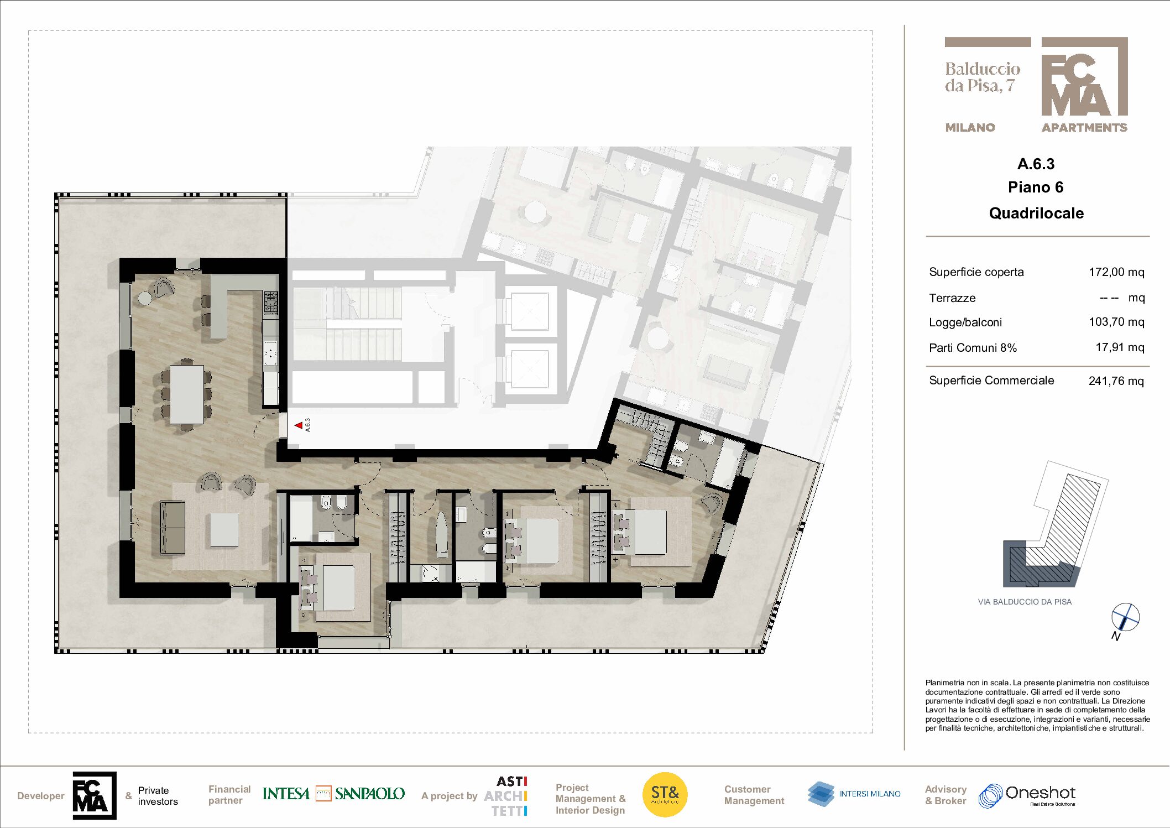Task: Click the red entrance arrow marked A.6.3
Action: [x=299, y=425]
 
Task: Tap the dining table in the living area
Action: [x=187, y=394]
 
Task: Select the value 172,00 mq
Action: [x=1116, y=272]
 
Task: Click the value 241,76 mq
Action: [x=1116, y=381]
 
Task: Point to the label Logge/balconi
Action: [x=965, y=322]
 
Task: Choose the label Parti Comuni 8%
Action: [x=973, y=348]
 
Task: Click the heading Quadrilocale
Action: [x=1036, y=213]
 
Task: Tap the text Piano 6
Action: [x=1036, y=188]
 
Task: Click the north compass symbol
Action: [x=1125, y=617]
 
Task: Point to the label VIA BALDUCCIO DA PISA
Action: [x=1025, y=602]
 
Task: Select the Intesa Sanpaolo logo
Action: [x=333, y=794]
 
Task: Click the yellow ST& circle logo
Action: [x=665, y=795]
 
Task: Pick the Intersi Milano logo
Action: [x=854, y=794]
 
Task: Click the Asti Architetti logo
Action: [x=505, y=796]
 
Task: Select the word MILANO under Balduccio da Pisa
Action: [x=970, y=128]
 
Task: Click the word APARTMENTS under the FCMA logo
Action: [x=1084, y=128]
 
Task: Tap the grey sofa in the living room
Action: [x=173, y=528]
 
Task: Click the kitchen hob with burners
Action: [x=270, y=303]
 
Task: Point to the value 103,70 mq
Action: [x=1116, y=322]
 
